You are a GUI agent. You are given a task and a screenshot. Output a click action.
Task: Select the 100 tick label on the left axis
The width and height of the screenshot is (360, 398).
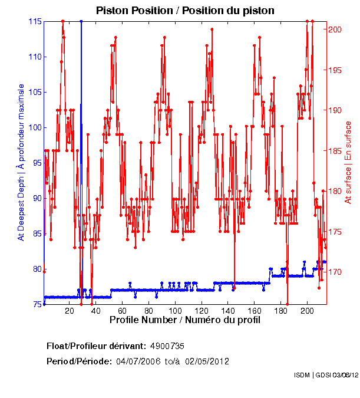(35, 127)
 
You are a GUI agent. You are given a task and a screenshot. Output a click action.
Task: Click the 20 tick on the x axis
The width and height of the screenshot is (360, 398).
(70, 311)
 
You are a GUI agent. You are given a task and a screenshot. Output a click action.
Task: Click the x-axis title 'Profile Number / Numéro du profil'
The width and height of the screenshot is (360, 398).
(185, 320)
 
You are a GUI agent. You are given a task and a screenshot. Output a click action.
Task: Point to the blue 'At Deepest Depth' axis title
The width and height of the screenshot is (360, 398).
(21, 162)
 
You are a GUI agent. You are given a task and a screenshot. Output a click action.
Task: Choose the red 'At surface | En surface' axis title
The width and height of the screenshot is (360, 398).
(348, 162)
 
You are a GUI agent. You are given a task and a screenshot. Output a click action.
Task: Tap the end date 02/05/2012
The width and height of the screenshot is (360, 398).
(207, 361)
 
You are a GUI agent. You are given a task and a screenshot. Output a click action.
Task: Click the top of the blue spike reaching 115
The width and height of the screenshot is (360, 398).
(81, 21)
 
